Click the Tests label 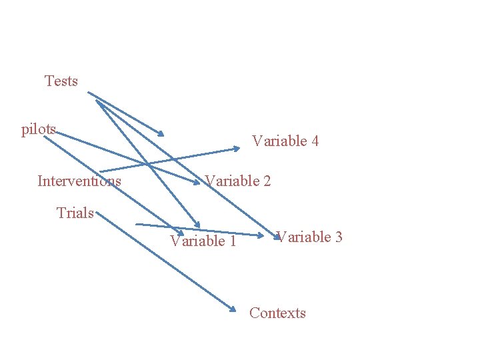[61, 81]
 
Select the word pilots [39, 129]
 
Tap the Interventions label [79, 181]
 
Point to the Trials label [75, 213]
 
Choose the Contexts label [277, 313]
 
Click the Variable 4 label [285, 141]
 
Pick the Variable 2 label [238, 181]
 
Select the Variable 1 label [203, 241]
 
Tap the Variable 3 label [309, 237]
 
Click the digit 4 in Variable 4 [315, 141]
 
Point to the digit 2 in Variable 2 [267, 181]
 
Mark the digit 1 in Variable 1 [232, 241]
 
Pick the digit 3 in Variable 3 [339, 237]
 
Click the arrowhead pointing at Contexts [233, 309]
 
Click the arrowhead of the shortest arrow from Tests [160, 134]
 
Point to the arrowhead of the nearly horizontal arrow [261, 235]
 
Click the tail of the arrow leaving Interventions [100, 171]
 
